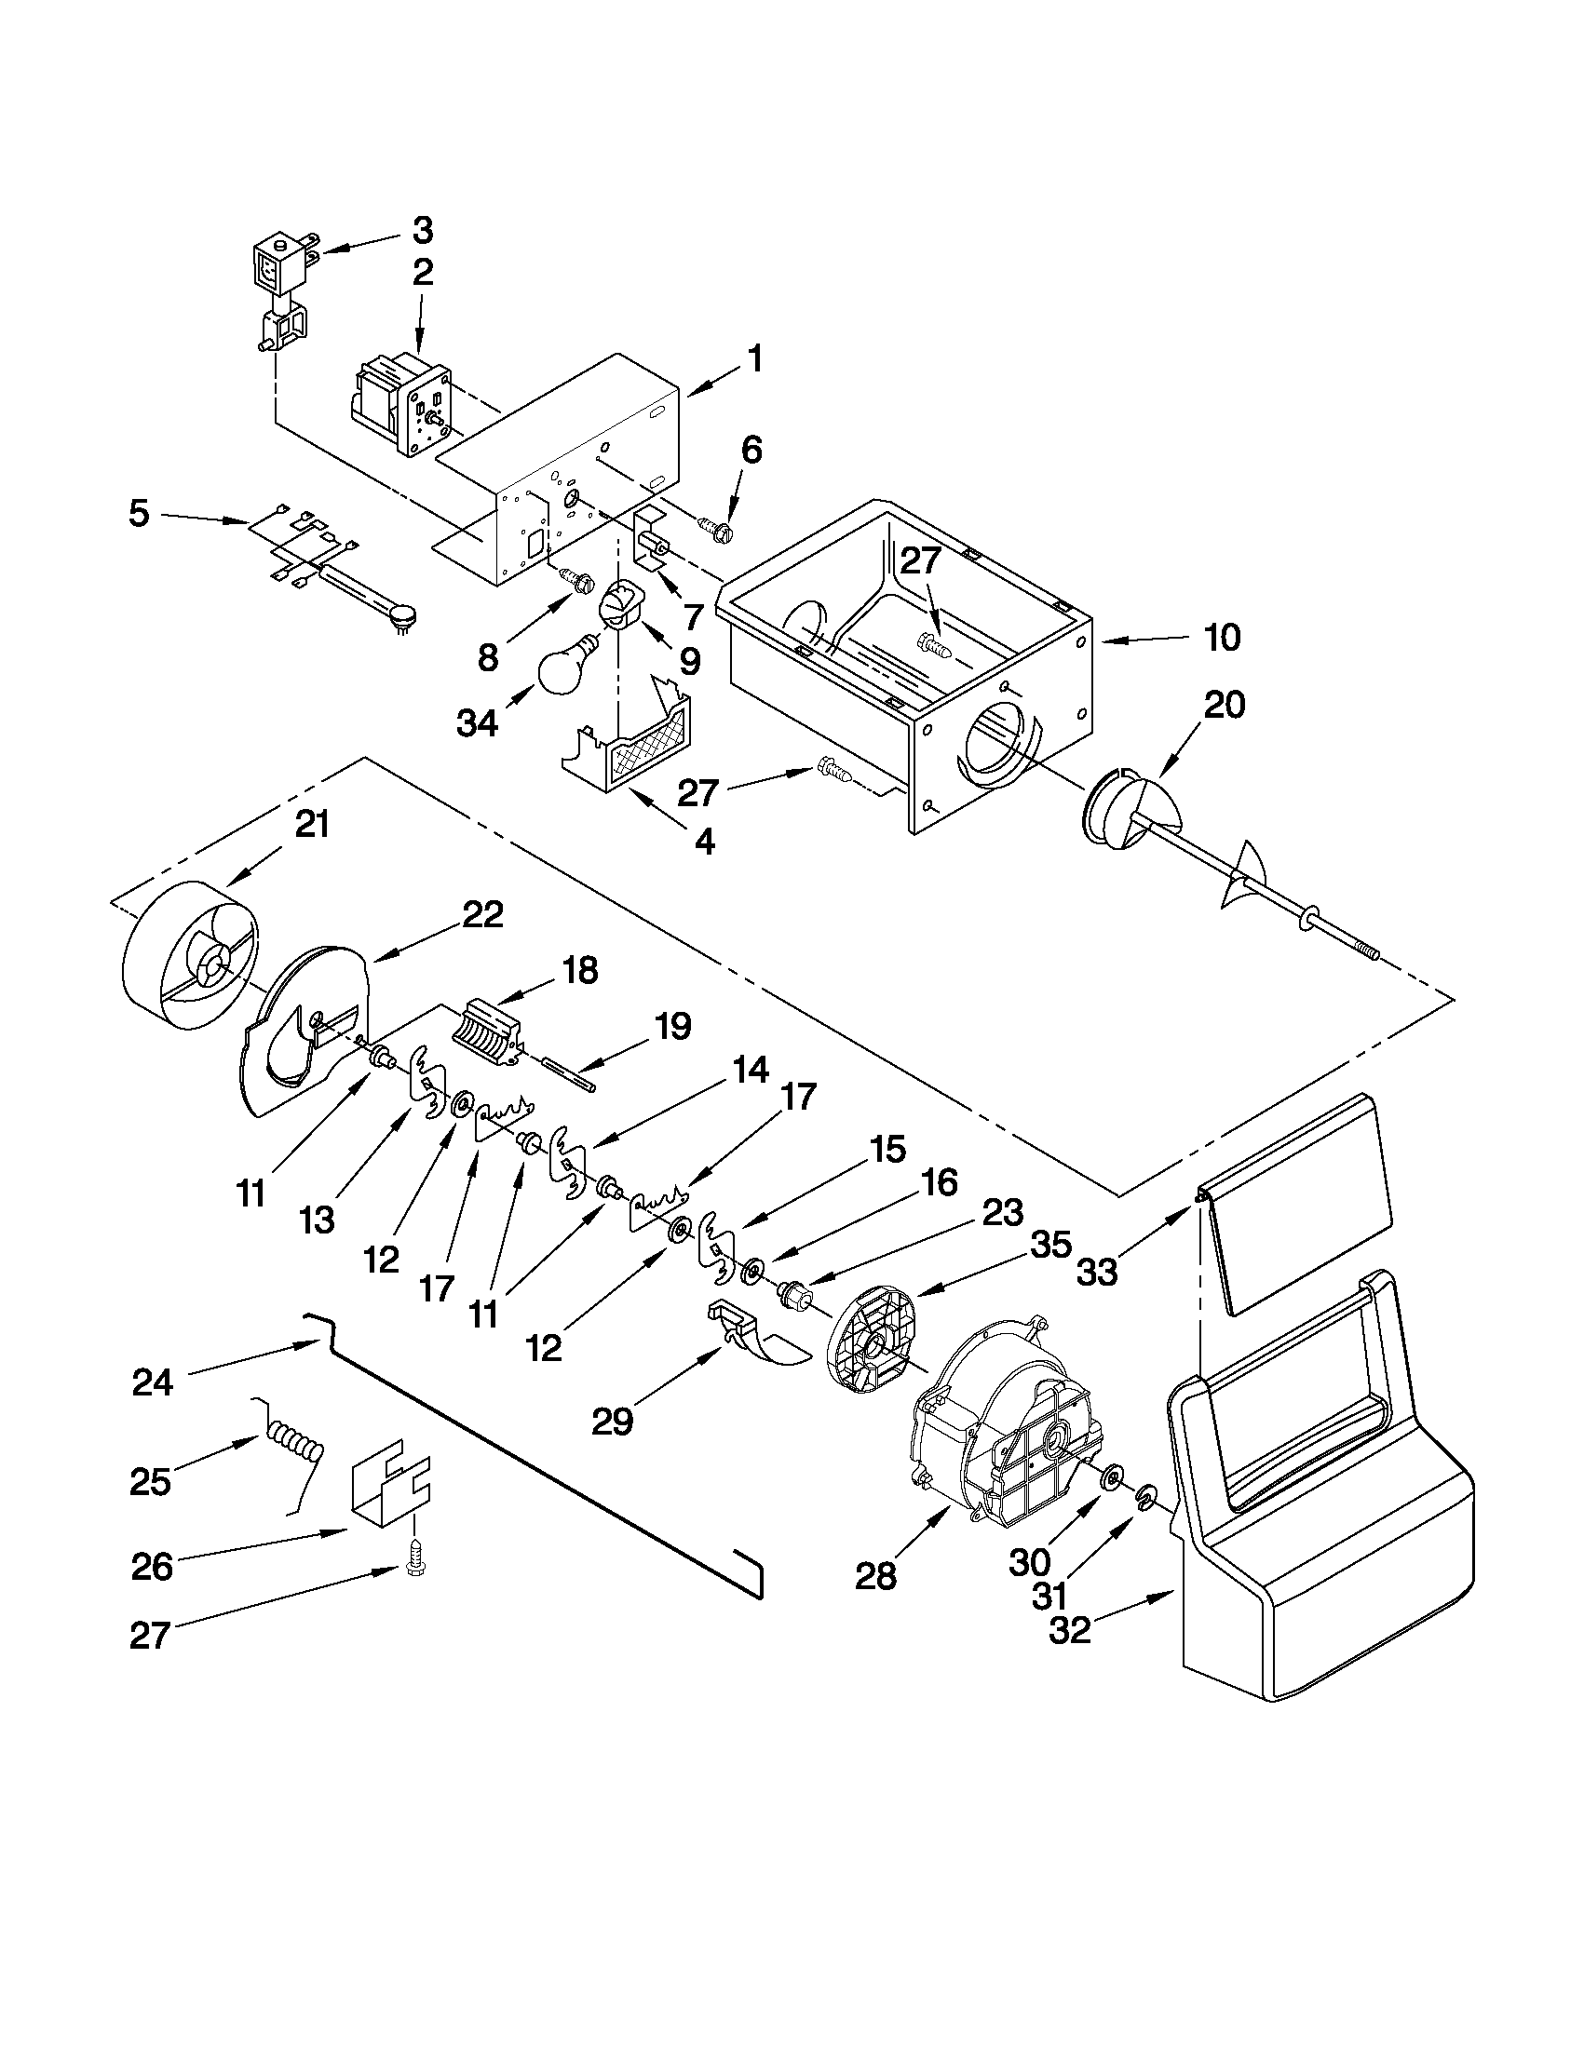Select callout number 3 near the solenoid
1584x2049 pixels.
pos(422,230)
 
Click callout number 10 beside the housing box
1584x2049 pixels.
pos(1222,638)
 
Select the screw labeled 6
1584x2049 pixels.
pos(717,527)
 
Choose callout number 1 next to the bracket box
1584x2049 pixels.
pos(754,359)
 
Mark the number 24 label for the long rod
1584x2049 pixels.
pos(153,1382)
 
